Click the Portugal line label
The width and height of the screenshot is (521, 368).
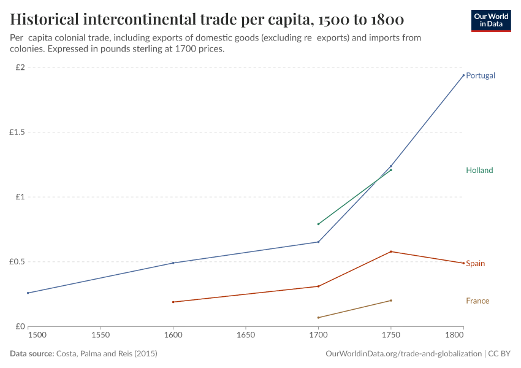[x=480, y=75]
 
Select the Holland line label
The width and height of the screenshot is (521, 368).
[x=479, y=171]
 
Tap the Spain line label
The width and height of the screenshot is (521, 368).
[x=475, y=264]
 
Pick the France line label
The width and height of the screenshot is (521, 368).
[x=477, y=301]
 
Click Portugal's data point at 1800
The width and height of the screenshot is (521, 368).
[x=463, y=75]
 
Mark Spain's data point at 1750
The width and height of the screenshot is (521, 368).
[x=391, y=251]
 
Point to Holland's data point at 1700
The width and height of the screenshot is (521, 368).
[x=318, y=224]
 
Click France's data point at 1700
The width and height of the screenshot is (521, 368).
[x=318, y=318]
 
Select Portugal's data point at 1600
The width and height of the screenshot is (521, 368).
[x=173, y=263]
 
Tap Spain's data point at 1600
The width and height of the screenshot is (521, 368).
[x=173, y=302]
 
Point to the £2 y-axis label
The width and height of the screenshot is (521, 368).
[x=19, y=67]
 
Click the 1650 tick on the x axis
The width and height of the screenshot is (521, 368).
[x=246, y=336]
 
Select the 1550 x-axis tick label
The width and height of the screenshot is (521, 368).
[x=101, y=336]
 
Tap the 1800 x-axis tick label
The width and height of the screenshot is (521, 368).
[x=455, y=336]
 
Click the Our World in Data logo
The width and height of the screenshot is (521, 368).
[x=490, y=20]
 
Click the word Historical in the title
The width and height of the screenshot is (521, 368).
[x=53, y=20]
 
